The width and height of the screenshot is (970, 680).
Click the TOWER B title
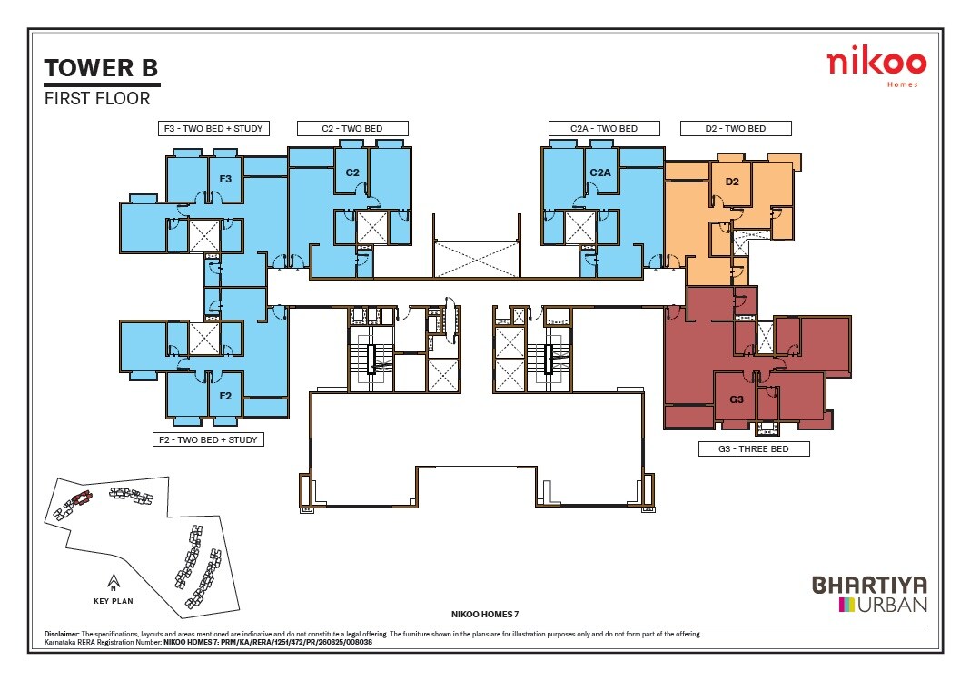pos(101,68)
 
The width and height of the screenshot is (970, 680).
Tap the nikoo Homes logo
pos(876,66)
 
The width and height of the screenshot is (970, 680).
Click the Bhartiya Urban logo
pos(869,593)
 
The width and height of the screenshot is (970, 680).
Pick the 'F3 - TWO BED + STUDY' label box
pos(211,128)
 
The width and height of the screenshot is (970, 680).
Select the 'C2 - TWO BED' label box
pos(351,128)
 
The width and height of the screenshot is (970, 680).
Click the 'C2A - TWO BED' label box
pos(603,128)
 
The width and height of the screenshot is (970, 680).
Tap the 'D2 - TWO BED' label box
pos(735,128)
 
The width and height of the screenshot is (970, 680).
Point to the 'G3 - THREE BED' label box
pos(753,448)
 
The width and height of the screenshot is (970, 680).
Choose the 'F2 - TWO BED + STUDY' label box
pos(208,439)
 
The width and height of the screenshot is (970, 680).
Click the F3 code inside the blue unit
pos(225,179)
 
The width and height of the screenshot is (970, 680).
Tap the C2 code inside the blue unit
pos(353,172)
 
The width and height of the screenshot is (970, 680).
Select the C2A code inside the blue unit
pos(599,172)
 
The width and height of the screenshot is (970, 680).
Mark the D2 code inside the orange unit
pos(732,182)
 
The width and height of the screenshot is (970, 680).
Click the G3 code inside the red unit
pos(736,399)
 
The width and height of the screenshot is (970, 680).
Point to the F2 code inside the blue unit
pos(225,396)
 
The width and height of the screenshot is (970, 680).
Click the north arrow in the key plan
pos(113,581)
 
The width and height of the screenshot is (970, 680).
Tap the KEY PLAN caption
pos(114,600)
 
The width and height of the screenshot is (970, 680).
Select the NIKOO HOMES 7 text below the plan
pos(484,615)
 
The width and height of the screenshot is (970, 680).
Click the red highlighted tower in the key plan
pos(81,498)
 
